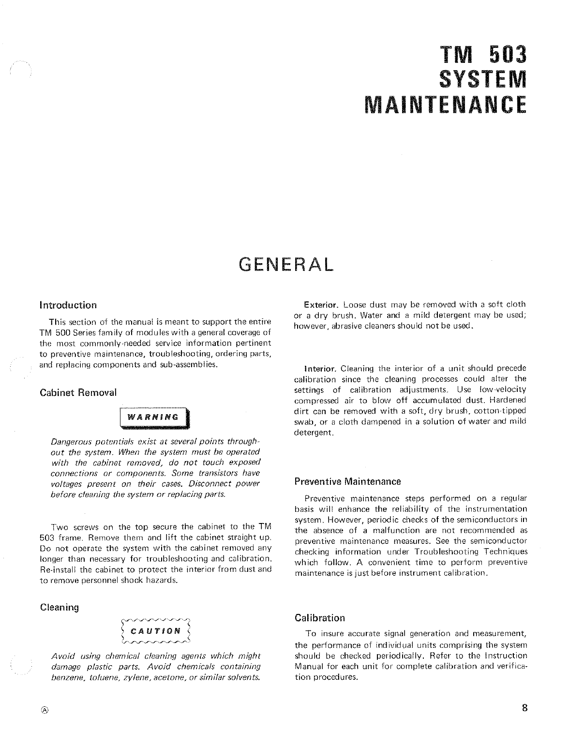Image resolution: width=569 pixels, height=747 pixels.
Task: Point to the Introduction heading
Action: (x=68, y=305)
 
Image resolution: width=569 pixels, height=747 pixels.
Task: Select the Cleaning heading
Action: (x=59, y=607)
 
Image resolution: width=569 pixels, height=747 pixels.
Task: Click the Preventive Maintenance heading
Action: (x=347, y=482)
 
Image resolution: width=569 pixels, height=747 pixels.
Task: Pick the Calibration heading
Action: (x=319, y=618)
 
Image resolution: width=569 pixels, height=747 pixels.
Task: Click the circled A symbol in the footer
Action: (x=45, y=710)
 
